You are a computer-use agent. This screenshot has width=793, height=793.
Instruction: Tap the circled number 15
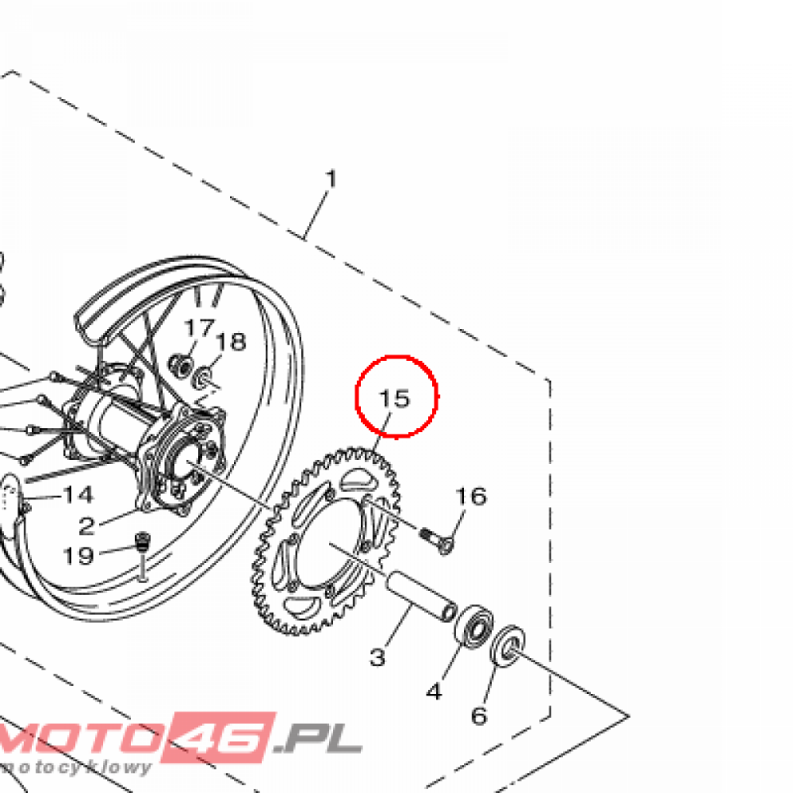click(394, 399)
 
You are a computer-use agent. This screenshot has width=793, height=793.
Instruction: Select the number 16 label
click(471, 496)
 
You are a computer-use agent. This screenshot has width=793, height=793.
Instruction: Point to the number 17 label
click(199, 328)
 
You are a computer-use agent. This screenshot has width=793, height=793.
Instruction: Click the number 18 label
click(231, 342)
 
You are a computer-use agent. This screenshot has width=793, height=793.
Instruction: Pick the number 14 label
click(78, 495)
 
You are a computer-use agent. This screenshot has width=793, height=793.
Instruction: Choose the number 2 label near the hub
click(87, 527)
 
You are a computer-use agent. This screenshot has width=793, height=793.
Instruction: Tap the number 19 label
click(78, 556)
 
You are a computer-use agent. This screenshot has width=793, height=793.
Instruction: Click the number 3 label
click(377, 657)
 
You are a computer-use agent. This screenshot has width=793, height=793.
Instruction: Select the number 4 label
click(434, 691)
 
